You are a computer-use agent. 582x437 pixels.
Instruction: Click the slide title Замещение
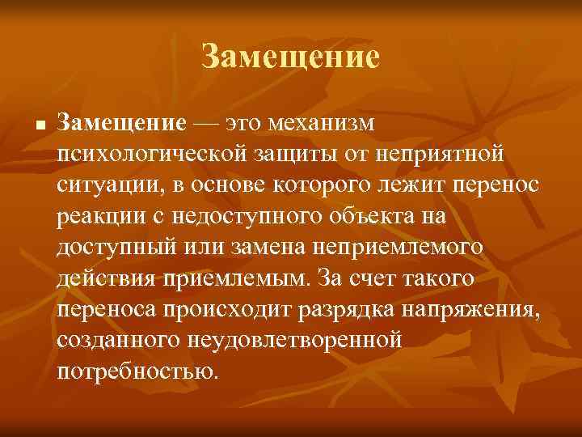coord(290,57)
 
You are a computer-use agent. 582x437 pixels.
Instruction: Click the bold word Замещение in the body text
coord(122,122)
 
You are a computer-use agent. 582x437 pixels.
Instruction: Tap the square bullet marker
coord(28,125)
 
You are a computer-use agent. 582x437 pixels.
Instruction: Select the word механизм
coord(319,122)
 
